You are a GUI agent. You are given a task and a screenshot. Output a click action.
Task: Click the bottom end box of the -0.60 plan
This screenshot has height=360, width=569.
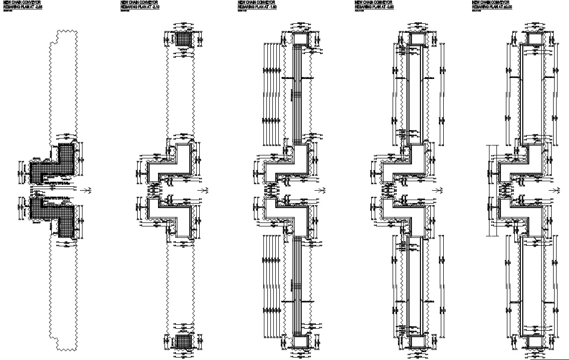(x=417, y=342)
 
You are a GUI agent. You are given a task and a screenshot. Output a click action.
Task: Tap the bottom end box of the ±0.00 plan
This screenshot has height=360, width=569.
(x=535, y=342)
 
